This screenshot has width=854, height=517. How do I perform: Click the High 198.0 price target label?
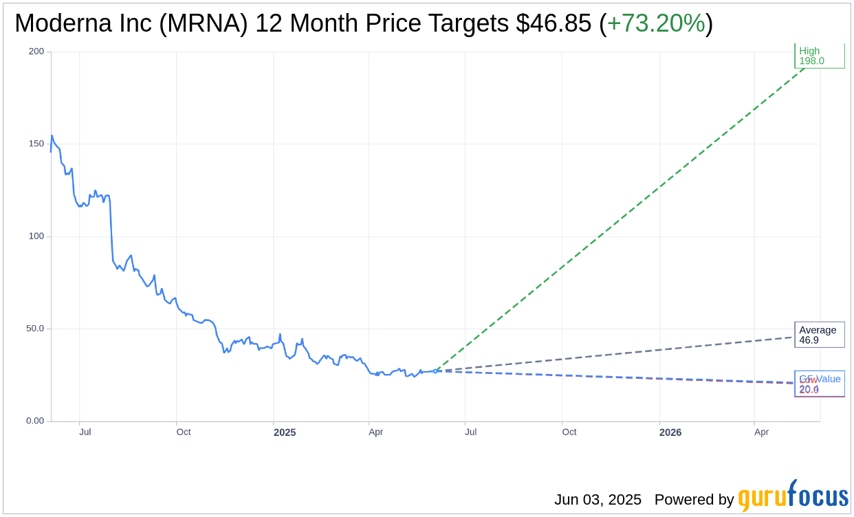(819, 56)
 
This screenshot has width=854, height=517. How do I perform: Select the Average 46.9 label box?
(819, 335)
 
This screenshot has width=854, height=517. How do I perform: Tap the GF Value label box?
(819, 384)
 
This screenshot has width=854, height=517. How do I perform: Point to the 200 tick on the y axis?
(36, 52)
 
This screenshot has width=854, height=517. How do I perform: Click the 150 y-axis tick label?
(36, 144)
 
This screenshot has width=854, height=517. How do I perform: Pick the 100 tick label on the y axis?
(36, 236)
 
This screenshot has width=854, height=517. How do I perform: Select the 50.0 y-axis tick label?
(35, 328)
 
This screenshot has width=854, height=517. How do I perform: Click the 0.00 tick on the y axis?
(35, 421)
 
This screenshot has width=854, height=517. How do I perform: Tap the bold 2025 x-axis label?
(285, 432)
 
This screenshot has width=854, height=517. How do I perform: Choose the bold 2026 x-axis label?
(670, 432)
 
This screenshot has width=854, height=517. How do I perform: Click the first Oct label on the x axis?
(184, 432)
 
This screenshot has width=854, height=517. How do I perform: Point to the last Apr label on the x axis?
(761, 432)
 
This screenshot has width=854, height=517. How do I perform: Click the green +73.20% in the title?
(655, 23)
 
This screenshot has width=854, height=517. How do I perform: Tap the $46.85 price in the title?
(554, 23)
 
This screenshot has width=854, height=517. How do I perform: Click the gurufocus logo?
(793, 496)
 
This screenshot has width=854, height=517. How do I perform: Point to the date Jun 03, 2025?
(598, 500)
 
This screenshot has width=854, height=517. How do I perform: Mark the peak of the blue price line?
(52, 135)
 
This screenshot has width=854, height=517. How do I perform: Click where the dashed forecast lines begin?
(435, 371)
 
